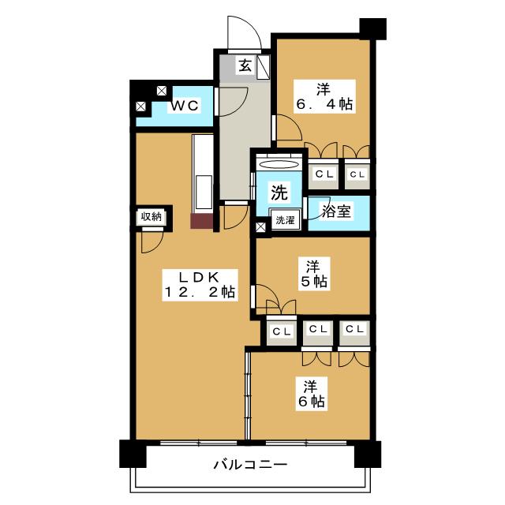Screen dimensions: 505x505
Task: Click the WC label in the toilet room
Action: click(185, 105)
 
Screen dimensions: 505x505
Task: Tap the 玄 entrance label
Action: click(245, 65)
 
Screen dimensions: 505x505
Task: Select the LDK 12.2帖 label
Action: click(200, 285)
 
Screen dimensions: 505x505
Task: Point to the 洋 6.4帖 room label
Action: click(324, 96)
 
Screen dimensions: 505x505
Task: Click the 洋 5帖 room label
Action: click(314, 274)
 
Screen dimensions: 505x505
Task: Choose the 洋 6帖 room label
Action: click(311, 394)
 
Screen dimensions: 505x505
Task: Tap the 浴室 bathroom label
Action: click(336, 211)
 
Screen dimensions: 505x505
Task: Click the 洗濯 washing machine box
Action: click(286, 220)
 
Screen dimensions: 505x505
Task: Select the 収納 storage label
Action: click(151, 217)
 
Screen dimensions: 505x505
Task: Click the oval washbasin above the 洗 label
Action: click(279, 164)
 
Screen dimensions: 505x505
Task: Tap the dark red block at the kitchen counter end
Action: click(202, 221)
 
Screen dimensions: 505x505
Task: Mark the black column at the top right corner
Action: click(372, 29)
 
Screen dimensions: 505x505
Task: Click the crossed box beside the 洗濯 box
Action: click(260, 227)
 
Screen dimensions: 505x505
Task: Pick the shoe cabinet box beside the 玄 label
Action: click(263, 67)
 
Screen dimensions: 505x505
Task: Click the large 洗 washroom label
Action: click(279, 193)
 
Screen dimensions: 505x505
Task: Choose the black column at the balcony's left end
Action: click(133, 454)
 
